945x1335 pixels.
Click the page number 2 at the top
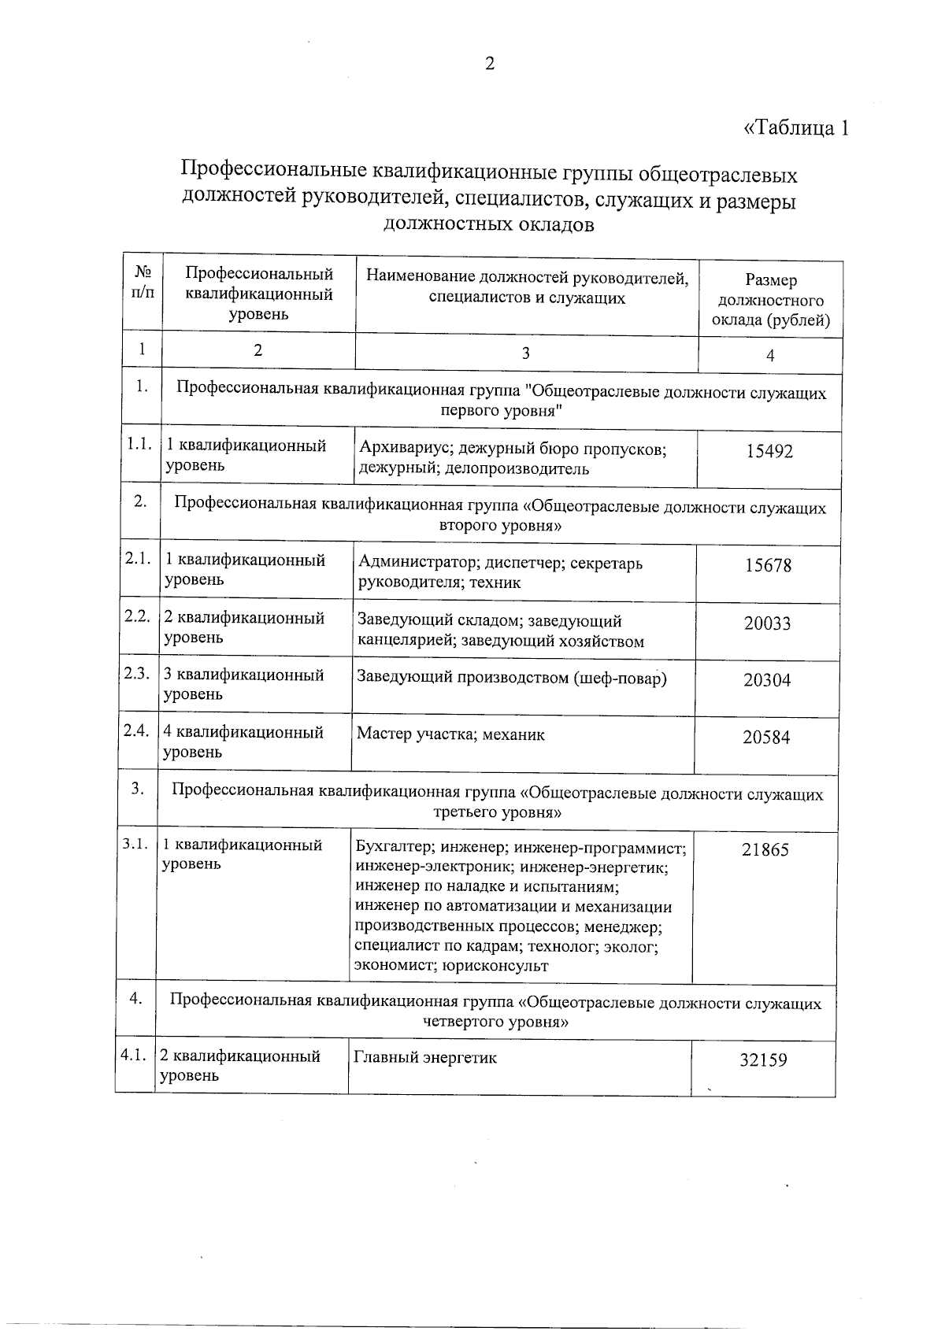pyautogui.click(x=489, y=65)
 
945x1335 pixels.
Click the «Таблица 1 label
pyautogui.click(x=796, y=128)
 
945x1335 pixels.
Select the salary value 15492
pyautogui.click(x=769, y=452)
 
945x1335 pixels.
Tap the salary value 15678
pyautogui.click(x=769, y=565)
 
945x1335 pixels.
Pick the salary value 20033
pyautogui.click(x=767, y=624)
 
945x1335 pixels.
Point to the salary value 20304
pyautogui.click(x=767, y=681)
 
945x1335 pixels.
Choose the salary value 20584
pyautogui.click(x=766, y=738)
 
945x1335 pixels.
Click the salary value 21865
pyautogui.click(x=765, y=850)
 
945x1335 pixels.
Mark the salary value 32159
pyautogui.click(x=763, y=1060)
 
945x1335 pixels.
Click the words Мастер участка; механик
pyautogui.click(x=450, y=734)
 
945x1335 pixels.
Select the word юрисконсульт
pyautogui.click(x=495, y=966)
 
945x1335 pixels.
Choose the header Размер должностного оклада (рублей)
pyautogui.click(x=770, y=300)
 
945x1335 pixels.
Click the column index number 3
pyautogui.click(x=525, y=353)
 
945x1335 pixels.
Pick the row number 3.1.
pyautogui.click(x=135, y=844)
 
